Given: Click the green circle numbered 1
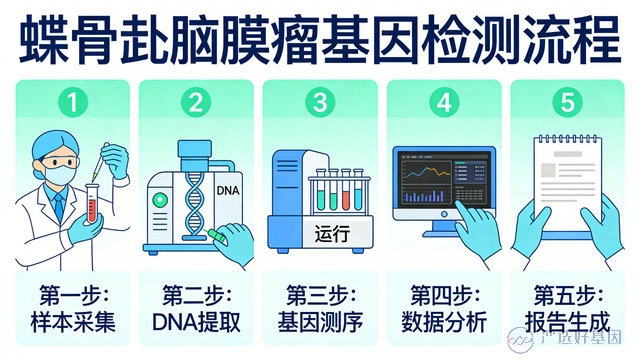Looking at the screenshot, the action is [x=73, y=102].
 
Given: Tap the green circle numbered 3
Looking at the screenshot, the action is [x=320, y=102].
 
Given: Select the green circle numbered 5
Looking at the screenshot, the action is [x=567, y=102].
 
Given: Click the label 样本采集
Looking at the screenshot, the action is [x=73, y=322].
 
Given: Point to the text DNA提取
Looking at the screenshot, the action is [x=197, y=322].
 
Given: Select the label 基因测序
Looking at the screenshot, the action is [x=320, y=322].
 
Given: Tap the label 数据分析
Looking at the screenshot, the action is [x=444, y=322].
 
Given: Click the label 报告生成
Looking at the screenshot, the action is [x=567, y=322].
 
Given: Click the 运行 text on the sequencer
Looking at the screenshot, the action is [x=332, y=234].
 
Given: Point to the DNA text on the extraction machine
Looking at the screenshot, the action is [x=228, y=191].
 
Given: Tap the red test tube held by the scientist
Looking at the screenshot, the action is [x=92, y=203].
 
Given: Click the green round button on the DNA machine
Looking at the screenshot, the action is [x=160, y=200].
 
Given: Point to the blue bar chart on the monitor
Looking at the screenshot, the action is [x=425, y=196].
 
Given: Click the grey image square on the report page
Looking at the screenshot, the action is [x=548, y=170].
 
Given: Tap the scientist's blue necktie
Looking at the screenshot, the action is [x=60, y=208].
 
